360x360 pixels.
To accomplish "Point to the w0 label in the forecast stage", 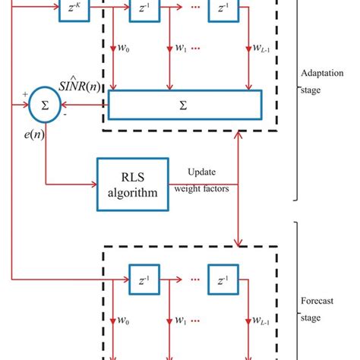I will coord(123,318).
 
